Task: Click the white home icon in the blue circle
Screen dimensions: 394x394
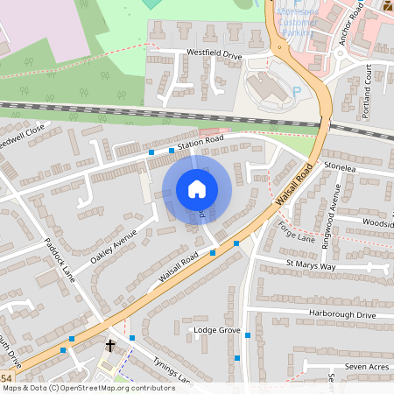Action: [197, 189]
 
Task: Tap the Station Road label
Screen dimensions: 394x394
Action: [201, 140]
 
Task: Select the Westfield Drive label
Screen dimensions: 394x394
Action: [214, 53]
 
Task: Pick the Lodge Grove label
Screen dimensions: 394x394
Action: [216, 330]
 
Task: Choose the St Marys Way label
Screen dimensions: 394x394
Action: [310, 264]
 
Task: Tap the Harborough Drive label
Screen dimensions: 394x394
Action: [341, 314]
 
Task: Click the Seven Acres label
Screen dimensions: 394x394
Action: [365, 366]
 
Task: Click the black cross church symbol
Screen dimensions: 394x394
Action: [110, 345]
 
